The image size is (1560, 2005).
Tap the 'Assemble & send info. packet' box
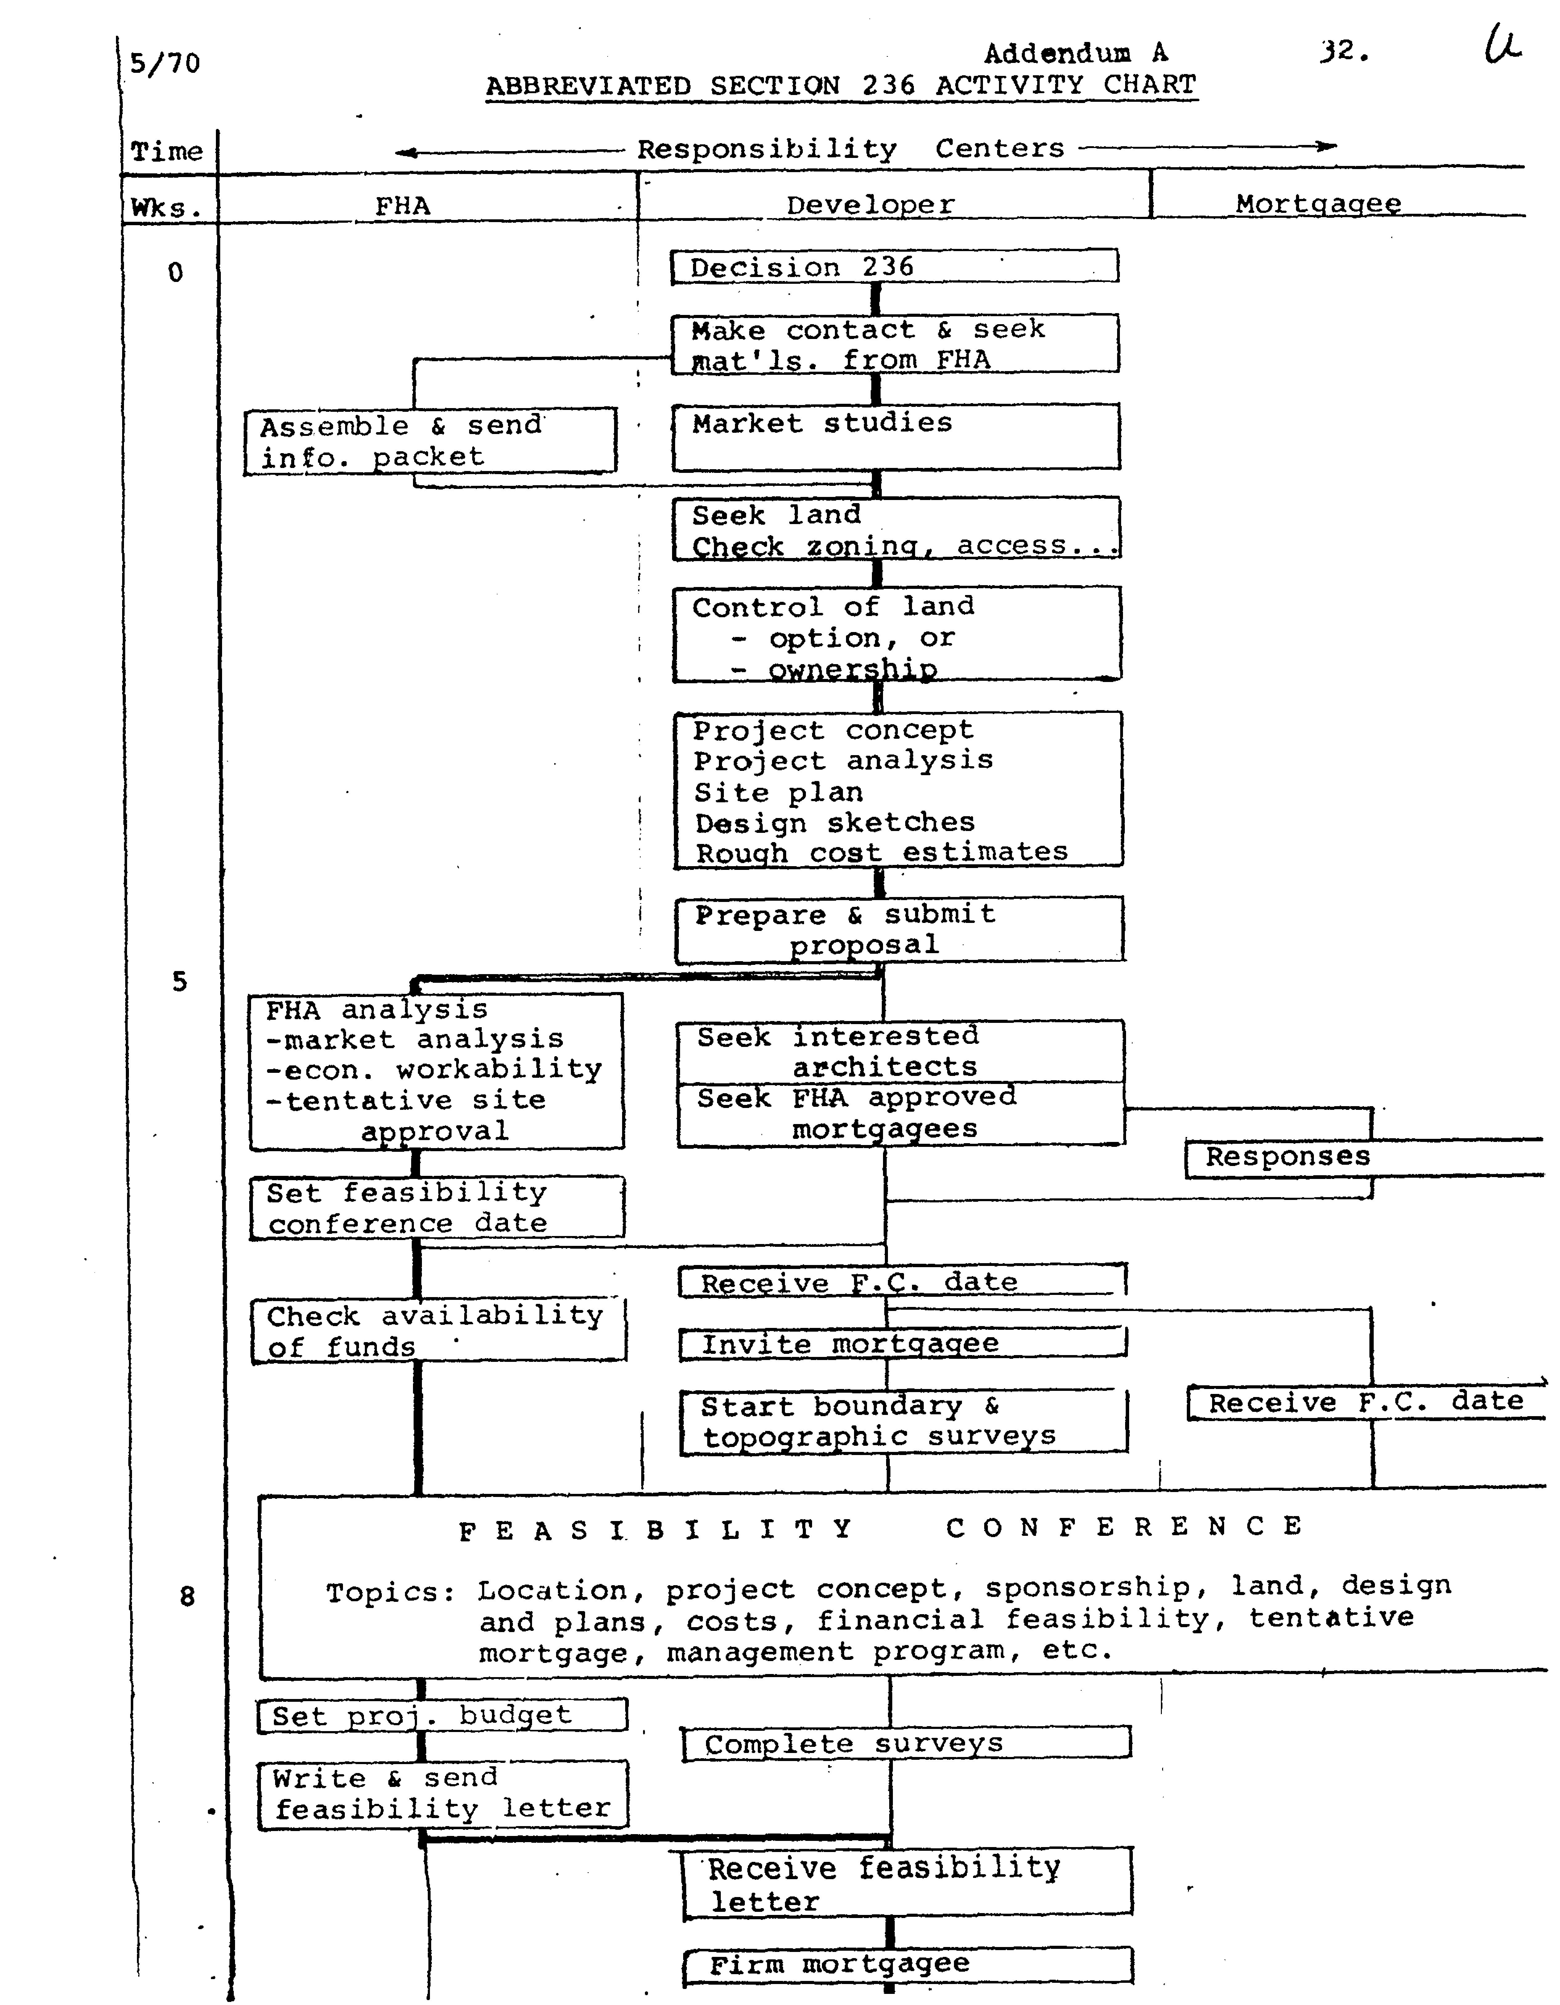coord(430,442)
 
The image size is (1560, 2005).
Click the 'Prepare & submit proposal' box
coord(899,930)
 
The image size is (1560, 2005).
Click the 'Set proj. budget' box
coord(442,1715)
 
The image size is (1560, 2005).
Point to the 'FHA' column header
coord(402,206)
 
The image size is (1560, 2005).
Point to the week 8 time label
coord(187,1597)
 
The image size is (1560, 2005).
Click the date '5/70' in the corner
coord(164,63)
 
